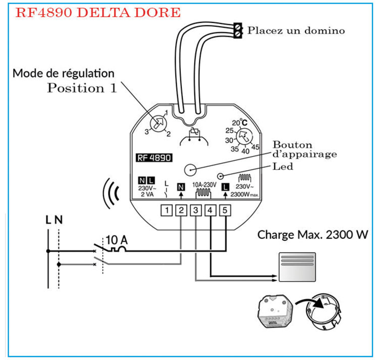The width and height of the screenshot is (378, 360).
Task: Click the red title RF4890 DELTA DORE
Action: point(98,13)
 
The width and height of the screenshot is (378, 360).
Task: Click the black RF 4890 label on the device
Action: point(155,157)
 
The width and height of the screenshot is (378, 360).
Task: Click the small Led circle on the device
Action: point(220,176)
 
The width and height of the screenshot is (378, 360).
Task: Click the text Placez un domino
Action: point(296,30)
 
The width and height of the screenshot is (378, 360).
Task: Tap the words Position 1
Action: point(82,88)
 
